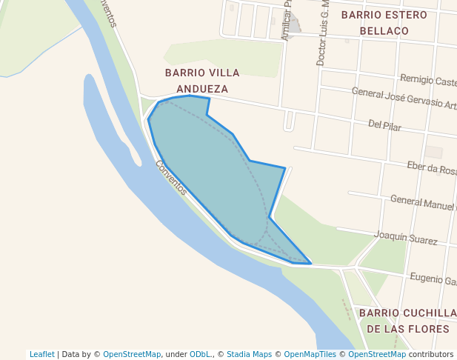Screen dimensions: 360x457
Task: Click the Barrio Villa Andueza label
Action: tap(202, 81)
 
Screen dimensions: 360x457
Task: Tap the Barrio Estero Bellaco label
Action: tap(384, 22)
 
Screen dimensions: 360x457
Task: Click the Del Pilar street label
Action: tap(384, 127)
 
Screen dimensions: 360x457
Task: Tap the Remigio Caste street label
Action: tap(428, 80)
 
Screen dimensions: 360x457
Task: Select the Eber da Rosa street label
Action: tap(431, 168)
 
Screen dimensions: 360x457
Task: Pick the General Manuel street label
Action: tap(423, 201)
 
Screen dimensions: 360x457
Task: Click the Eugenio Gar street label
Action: tap(433, 279)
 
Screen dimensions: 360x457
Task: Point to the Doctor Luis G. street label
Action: tap(322, 33)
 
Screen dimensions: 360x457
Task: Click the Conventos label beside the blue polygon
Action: tap(171, 177)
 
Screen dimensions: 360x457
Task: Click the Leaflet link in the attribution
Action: tap(41, 354)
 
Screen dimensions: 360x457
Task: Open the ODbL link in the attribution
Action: tap(201, 354)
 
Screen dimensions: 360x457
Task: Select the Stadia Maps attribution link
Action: tap(249, 354)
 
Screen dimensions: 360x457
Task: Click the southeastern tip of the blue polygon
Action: tap(310, 263)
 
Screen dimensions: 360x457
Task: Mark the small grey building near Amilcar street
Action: tap(293, 26)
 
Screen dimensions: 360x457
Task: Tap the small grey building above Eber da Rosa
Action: tap(433, 152)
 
